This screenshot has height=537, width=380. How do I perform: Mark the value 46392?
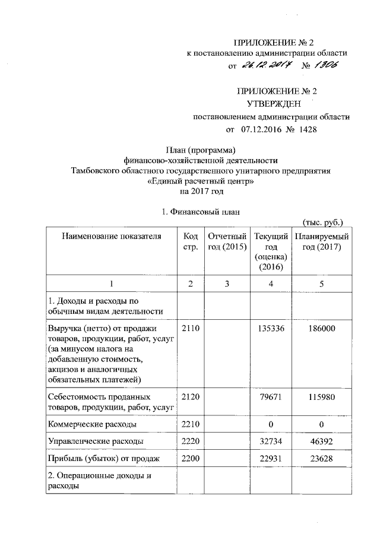point(321,441)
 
